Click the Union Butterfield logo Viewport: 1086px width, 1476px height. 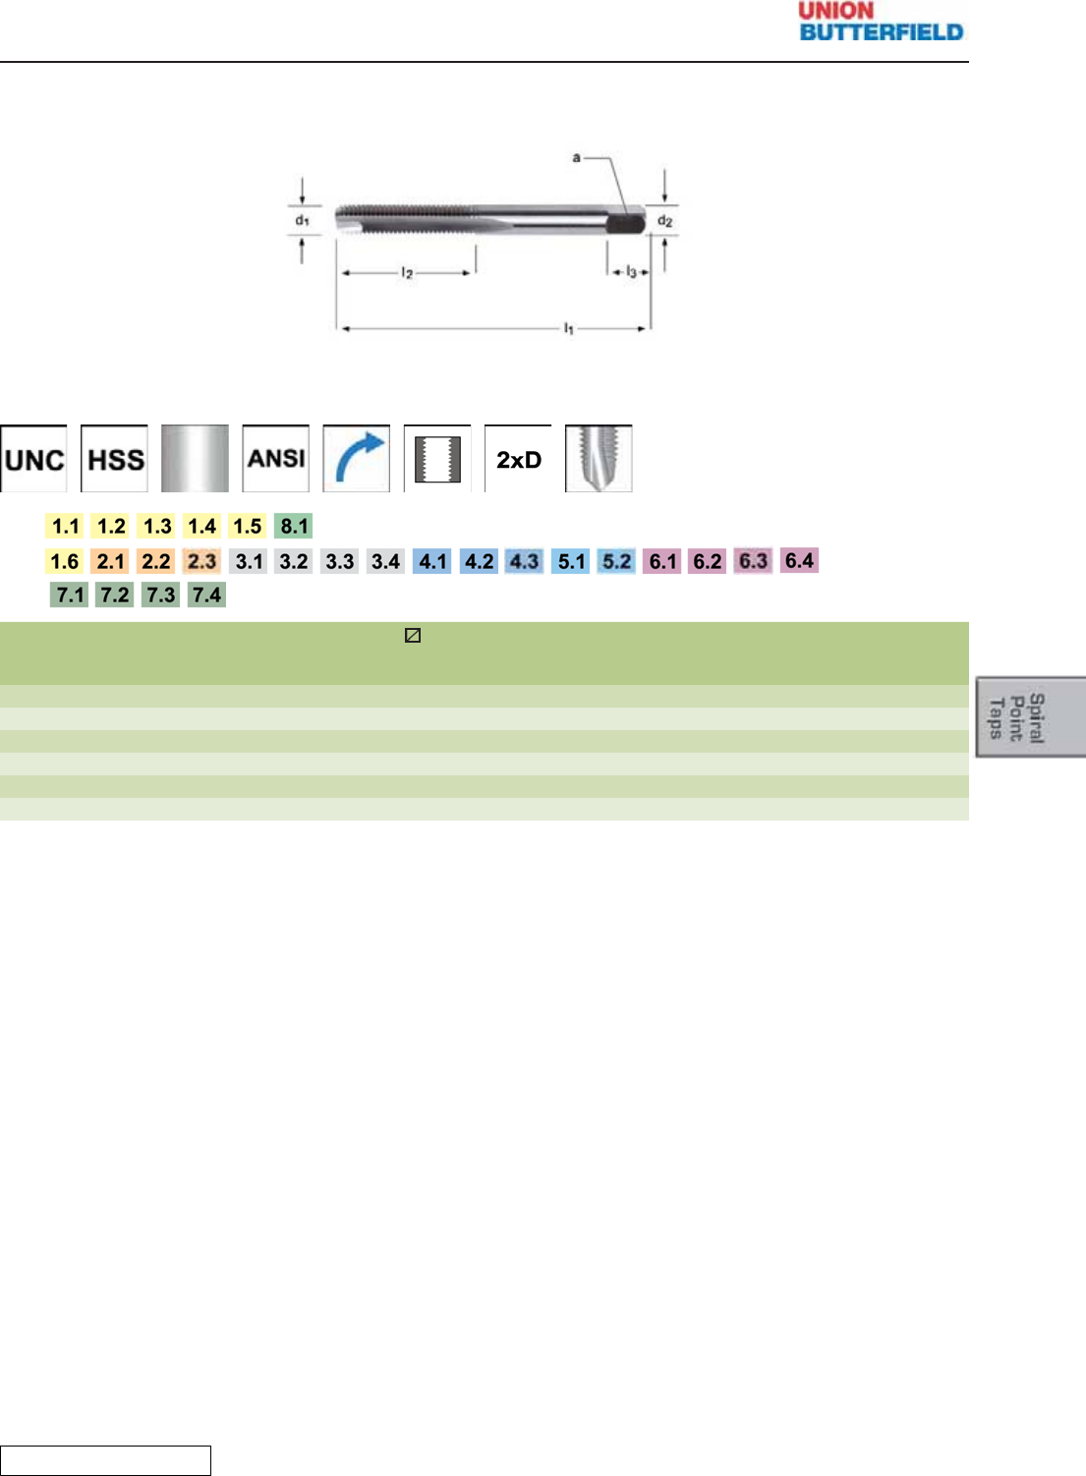(x=881, y=22)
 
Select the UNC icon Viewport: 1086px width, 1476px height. (x=34, y=459)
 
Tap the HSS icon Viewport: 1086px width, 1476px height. (x=115, y=459)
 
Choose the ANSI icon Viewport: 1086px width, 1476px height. (x=276, y=459)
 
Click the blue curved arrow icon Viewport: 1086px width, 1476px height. (x=357, y=459)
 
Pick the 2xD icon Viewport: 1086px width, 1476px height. (x=519, y=459)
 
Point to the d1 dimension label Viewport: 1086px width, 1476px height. (x=302, y=220)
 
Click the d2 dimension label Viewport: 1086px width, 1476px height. (x=665, y=221)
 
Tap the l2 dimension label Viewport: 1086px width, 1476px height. (x=407, y=272)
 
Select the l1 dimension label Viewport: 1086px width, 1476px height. (x=568, y=328)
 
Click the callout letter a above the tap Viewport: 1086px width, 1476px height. (x=577, y=157)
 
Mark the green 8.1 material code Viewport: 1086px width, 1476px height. (x=294, y=526)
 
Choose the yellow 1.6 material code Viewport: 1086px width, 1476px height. (x=65, y=561)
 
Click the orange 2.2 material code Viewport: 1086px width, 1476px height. (x=155, y=561)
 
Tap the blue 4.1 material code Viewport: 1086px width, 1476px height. (x=432, y=561)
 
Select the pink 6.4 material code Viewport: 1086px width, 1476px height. (x=799, y=560)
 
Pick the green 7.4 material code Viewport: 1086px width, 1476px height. (x=206, y=595)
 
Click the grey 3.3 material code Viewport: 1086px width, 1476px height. (x=339, y=561)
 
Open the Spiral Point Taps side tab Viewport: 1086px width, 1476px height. (x=1030, y=716)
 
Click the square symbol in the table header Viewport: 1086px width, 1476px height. (x=413, y=636)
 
